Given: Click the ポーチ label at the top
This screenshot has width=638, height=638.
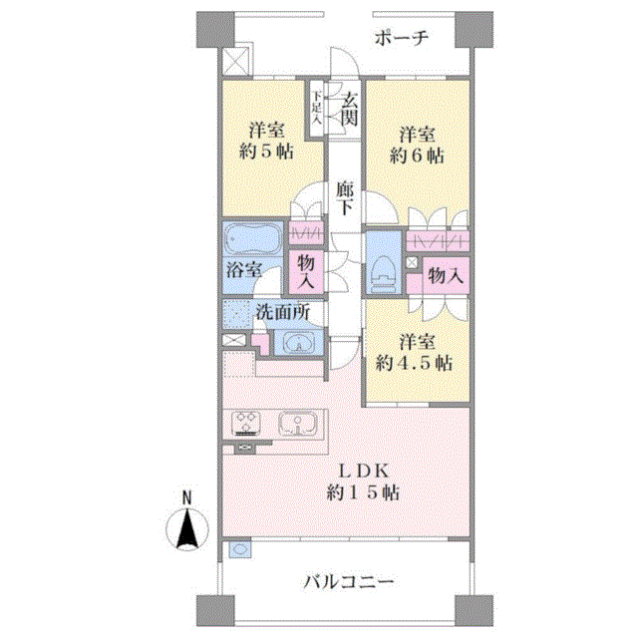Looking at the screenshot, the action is pyautogui.click(x=402, y=39).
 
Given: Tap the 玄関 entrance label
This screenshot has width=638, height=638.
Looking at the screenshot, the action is pyautogui.click(x=350, y=110).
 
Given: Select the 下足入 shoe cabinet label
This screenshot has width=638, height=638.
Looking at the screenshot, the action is pyautogui.click(x=317, y=108).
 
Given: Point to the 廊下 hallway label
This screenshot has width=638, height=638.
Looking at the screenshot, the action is pyautogui.click(x=345, y=198).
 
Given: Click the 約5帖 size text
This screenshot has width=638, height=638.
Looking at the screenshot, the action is pyautogui.click(x=266, y=152).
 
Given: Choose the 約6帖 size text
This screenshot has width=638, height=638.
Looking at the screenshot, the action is pyautogui.click(x=417, y=156).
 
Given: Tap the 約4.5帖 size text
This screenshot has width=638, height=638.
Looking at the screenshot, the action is pyautogui.click(x=415, y=363).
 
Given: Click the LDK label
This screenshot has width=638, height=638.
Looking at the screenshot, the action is pyautogui.click(x=365, y=472).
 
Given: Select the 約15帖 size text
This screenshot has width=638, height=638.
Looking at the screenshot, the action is pyautogui.click(x=363, y=493).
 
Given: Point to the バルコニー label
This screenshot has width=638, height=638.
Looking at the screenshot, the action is pyautogui.click(x=349, y=582).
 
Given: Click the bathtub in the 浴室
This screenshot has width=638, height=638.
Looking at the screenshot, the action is pyautogui.click(x=252, y=239).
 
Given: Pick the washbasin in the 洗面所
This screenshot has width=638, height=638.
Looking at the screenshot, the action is pyautogui.click(x=298, y=342).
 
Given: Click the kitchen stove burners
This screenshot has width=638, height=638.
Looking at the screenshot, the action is pyautogui.click(x=246, y=423).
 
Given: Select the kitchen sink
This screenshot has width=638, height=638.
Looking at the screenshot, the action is pyautogui.click(x=298, y=423).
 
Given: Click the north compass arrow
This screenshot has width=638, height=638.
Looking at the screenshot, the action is pyautogui.click(x=187, y=529).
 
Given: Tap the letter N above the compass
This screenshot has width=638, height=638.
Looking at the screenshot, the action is pyautogui.click(x=186, y=498).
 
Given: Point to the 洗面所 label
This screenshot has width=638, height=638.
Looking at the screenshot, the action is pyautogui.click(x=283, y=312).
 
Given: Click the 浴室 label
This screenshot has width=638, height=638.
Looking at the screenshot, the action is pyautogui.click(x=244, y=270).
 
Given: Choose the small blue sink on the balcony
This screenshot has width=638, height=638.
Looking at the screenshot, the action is pyautogui.click(x=239, y=549).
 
